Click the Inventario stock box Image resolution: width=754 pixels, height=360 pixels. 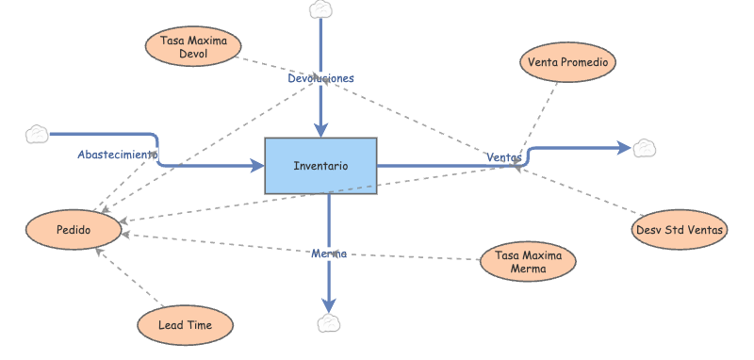tap(320, 166)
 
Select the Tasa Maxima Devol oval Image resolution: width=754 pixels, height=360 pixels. tap(193, 47)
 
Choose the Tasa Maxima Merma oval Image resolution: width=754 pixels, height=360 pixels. tap(528, 261)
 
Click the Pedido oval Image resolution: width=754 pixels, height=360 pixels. tap(73, 230)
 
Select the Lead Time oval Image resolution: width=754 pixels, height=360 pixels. tap(185, 325)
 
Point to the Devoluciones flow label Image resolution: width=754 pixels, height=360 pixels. tap(320, 78)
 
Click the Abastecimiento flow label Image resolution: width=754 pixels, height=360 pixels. tap(117, 154)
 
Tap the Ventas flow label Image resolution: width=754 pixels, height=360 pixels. tap(503, 156)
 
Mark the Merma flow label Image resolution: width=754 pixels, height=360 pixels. tap(329, 254)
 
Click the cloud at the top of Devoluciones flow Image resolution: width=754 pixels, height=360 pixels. tap(321, 9)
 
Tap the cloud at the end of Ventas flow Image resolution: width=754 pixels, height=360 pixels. tap(645, 147)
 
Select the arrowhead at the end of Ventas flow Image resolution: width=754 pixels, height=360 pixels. tap(623, 147)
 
